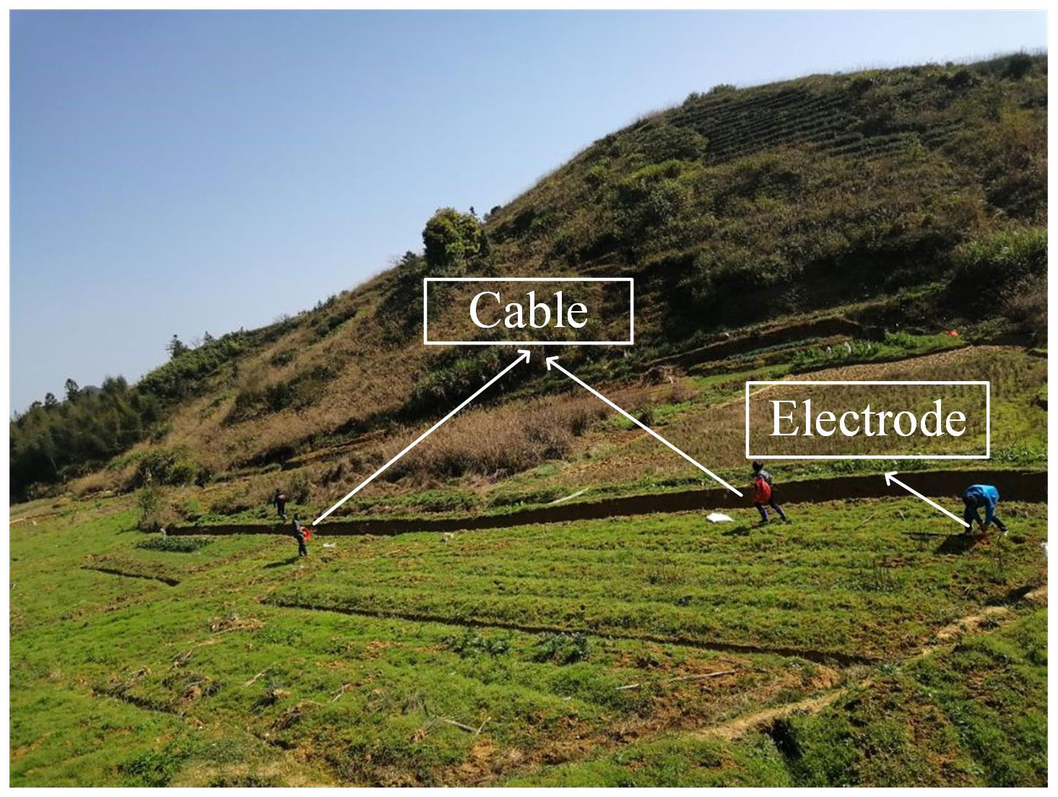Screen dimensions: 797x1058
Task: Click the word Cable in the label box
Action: [528, 311]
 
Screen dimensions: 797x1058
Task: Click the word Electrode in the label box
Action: [867, 419]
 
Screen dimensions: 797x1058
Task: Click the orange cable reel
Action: [307, 533]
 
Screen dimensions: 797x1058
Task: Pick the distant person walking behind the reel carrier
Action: [279, 504]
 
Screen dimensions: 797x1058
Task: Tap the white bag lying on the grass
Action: [720, 517]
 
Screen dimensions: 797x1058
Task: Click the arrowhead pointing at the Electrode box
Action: [890, 476]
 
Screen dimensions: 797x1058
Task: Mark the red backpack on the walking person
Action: [762, 489]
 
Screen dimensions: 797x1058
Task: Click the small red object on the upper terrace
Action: [954, 333]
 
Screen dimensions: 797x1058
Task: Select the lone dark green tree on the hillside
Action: [453, 238]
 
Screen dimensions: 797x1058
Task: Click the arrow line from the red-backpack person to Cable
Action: [643, 426]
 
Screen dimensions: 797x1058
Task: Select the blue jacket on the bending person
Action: [982, 498]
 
